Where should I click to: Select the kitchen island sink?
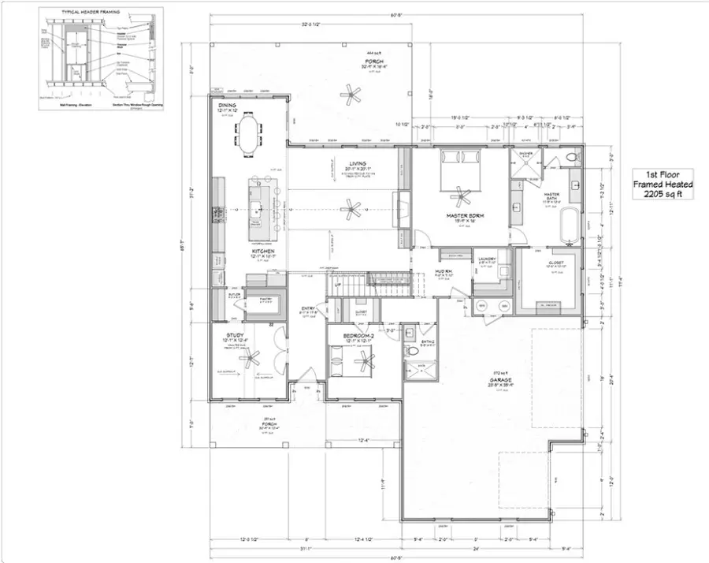(x=257, y=211)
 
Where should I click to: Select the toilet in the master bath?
(x=573, y=158)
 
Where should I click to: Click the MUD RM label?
(x=443, y=272)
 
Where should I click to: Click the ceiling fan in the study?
(x=251, y=359)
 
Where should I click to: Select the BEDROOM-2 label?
(x=358, y=336)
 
